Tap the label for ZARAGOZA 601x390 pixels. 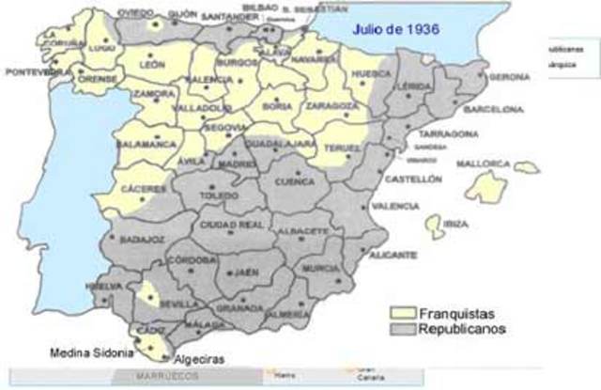[x=331, y=108]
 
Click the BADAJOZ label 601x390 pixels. [x=142, y=239]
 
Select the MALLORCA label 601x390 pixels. [x=484, y=164]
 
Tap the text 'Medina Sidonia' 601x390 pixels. [x=88, y=354]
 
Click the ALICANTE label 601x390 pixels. [x=393, y=255]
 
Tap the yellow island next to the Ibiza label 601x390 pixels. [x=435, y=226]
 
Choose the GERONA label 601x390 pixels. [x=510, y=76]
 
